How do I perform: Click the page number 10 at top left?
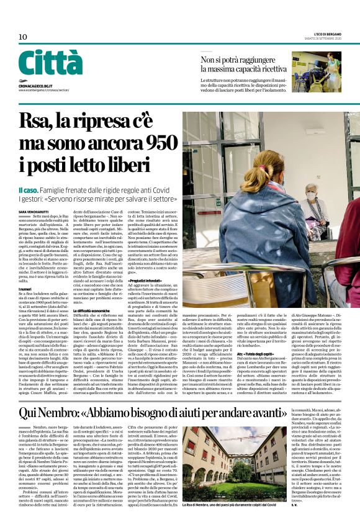(23, 37)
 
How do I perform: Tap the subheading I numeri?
(26, 288)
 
